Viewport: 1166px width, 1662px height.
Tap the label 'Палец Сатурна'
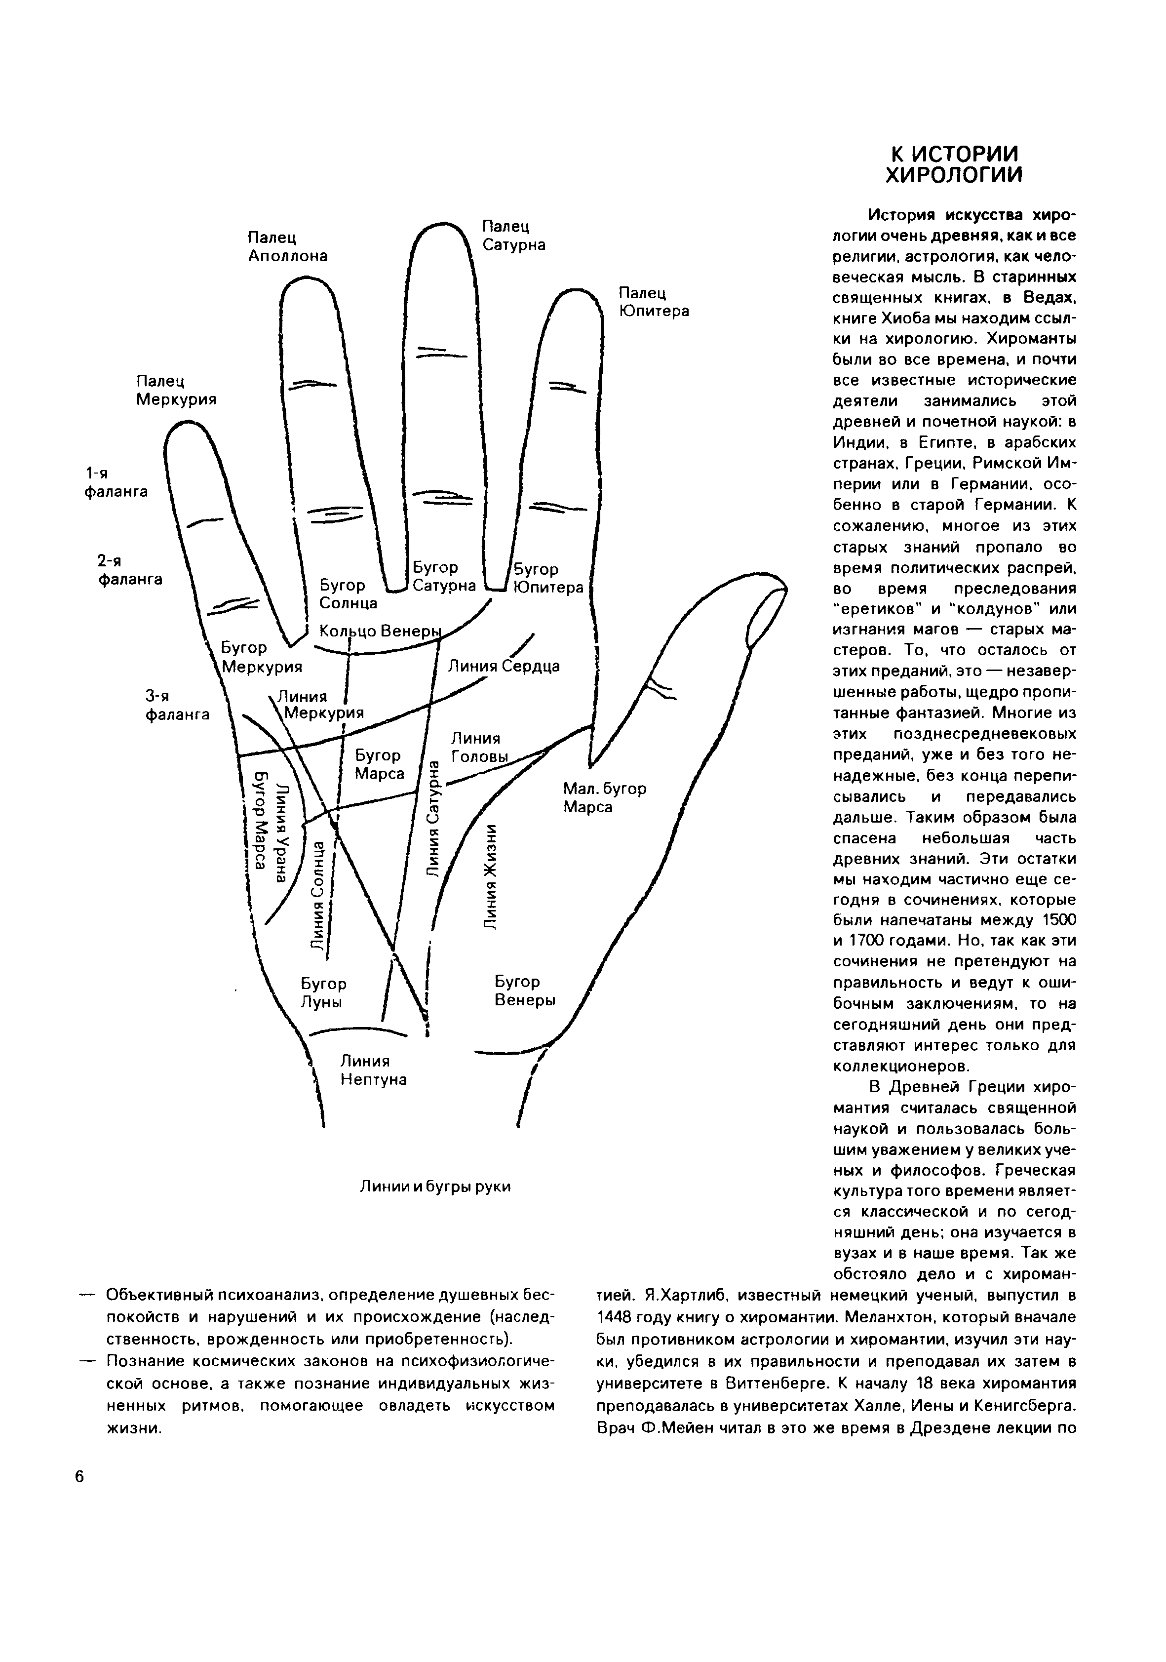(513, 235)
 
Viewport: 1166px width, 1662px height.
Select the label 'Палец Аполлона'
(287, 247)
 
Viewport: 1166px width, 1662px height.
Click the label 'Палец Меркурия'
(176, 390)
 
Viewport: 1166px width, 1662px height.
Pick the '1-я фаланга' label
(116, 483)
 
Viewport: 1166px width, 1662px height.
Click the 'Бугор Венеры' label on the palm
(525, 991)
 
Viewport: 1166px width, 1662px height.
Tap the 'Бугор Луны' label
(323, 993)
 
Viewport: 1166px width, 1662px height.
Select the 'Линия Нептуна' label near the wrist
(374, 1070)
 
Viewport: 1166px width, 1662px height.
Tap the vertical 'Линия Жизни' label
(491, 876)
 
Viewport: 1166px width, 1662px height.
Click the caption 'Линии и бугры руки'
(435, 1187)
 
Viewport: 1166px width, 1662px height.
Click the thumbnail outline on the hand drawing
(764, 617)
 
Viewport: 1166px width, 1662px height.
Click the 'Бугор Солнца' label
(348, 594)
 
